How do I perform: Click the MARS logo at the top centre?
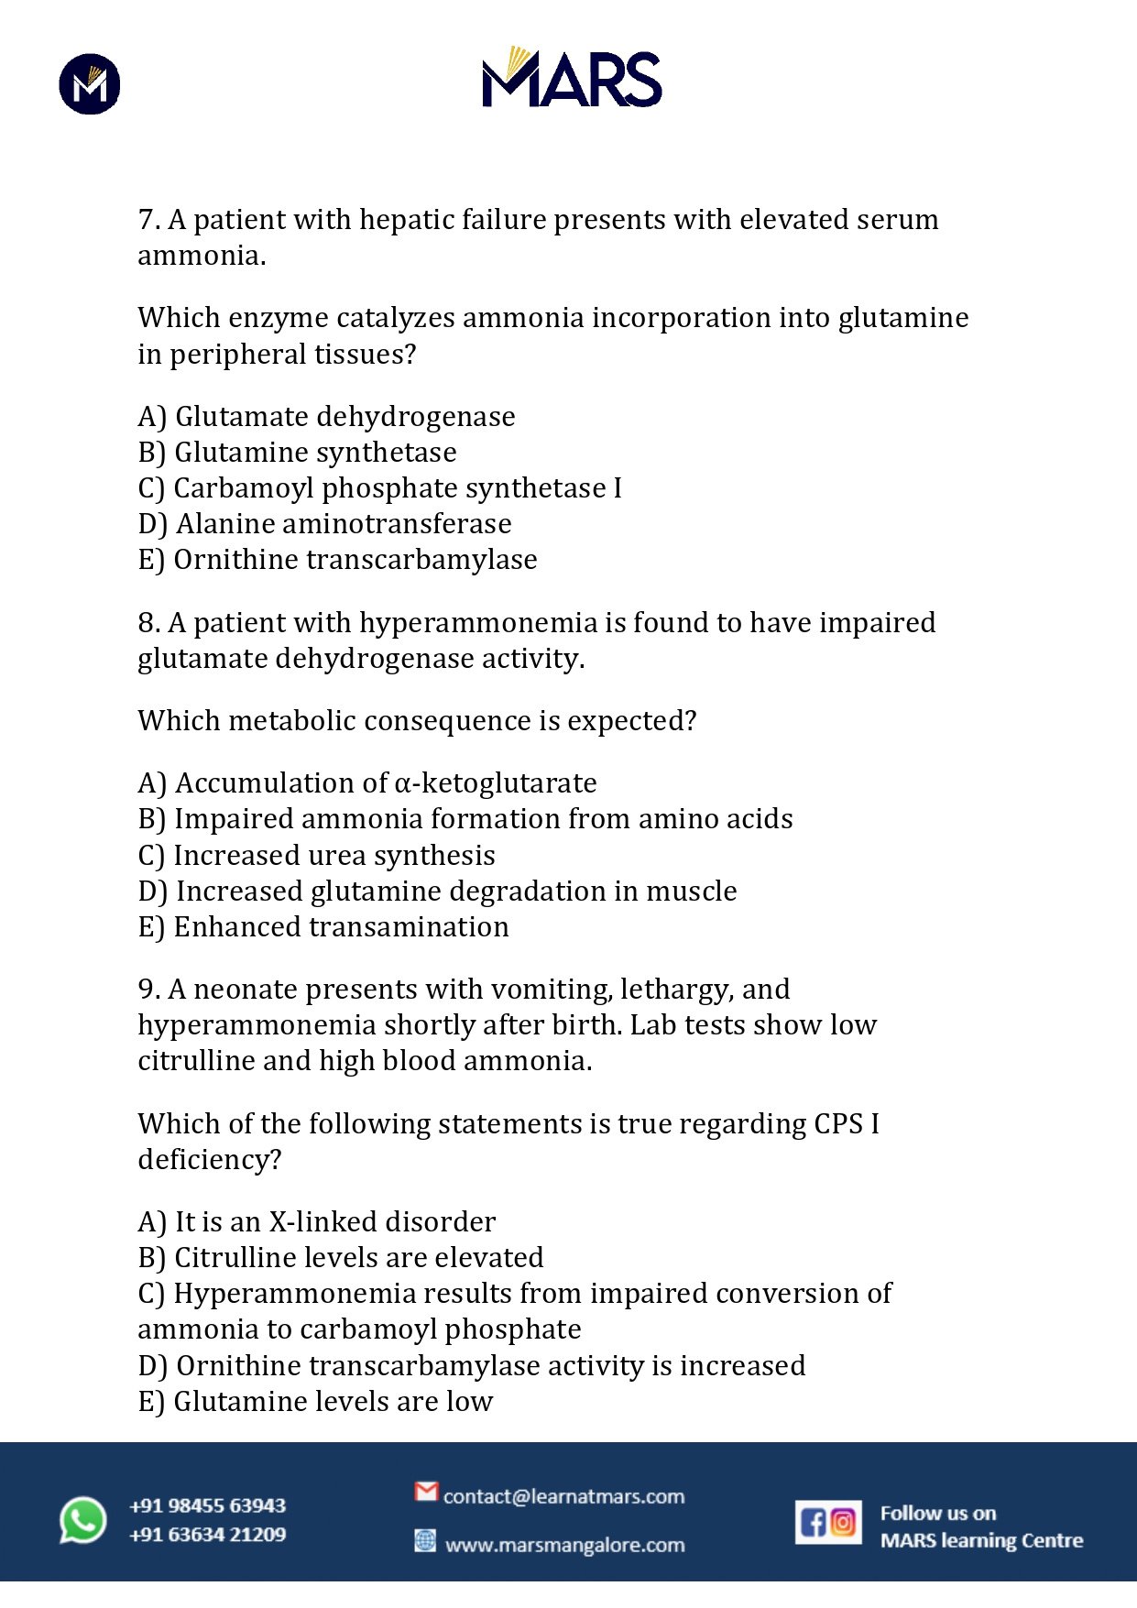pos(572,78)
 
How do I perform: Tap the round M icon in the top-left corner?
pos(90,84)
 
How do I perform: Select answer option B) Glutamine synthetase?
pos(297,453)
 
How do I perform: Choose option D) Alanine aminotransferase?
pos(324,524)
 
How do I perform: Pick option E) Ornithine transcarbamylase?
pos(337,560)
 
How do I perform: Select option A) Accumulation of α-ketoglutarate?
pos(366,783)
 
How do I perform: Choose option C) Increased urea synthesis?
pos(316,856)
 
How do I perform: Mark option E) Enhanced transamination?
pos(323,927)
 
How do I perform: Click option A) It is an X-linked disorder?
pos(316,1222)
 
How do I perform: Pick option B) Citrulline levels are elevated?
pos(340,1258)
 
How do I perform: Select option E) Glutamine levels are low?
pos(315,1402)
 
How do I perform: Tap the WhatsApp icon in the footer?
pos(83,1520)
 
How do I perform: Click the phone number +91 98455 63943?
pos(208,1505)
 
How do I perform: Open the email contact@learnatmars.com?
pos(563,1496)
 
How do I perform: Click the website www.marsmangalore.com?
pos(564,1545)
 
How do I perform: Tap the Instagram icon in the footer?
pos(844,1522)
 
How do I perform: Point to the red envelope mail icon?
pos(426,1492)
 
